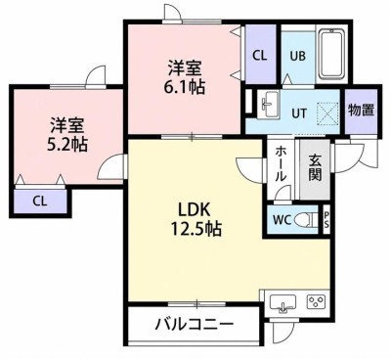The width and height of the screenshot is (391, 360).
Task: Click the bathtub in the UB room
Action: click(x=331, y=55)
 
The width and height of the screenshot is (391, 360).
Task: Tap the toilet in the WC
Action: click(x=306, y=220)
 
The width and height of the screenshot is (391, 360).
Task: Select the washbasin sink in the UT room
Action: click(x=269, y=104)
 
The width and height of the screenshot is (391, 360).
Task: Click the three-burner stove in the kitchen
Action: click(x=316, y=302)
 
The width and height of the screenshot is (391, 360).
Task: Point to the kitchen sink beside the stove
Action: click(x=282, y=304)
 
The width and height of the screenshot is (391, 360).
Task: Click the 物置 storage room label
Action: click(x=361, y=111)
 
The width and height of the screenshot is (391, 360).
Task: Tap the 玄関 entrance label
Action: click(x=316, y=167)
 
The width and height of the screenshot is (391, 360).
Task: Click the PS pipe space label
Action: click(x=326, y=220)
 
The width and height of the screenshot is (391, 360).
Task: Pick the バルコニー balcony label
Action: click(x=195, y=324)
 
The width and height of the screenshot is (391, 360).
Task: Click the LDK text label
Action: click(x=194, y=210)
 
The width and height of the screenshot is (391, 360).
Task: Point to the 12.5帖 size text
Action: click(x=195, y=229)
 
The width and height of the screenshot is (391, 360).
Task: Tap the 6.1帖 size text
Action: click(x=185, y=86)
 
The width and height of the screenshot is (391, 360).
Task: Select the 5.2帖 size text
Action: click(x=66, y=144)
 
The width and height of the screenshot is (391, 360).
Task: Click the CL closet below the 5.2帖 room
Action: click(x=40, y=202)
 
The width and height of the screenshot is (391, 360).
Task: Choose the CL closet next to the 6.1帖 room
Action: click(x=260, y=56)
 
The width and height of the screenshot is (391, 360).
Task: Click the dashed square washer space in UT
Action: click(x=327, y=113)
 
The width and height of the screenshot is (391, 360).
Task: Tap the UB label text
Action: click(x=298, y=56)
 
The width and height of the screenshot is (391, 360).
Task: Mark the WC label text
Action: click(x=282, y=220)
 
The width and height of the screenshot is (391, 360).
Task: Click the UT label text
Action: click(x=299, y=113)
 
